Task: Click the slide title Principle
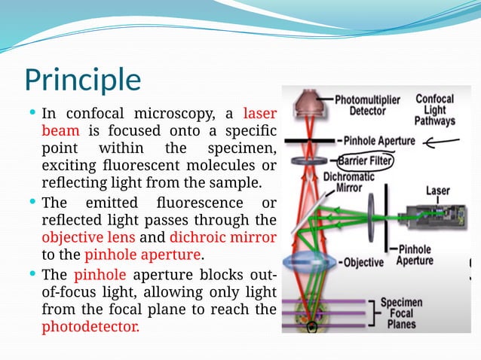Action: (x=82, y=80)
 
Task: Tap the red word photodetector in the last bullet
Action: (x=90, y=328)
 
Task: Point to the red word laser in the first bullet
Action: (x=260, y=114)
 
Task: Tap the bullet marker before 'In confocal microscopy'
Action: (x=32, y=113)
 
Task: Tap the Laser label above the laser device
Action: (x=437, y=191)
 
